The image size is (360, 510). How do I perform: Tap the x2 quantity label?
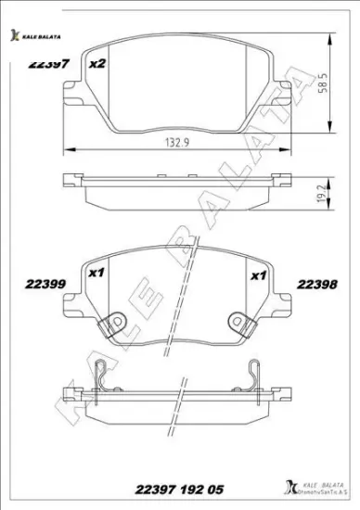(x=96, y=64)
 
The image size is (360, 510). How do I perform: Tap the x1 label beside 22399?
(x=94, y=275)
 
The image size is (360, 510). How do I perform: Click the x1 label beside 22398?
(x=259, y=275)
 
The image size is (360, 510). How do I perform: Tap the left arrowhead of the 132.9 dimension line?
(x=63, y=152)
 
